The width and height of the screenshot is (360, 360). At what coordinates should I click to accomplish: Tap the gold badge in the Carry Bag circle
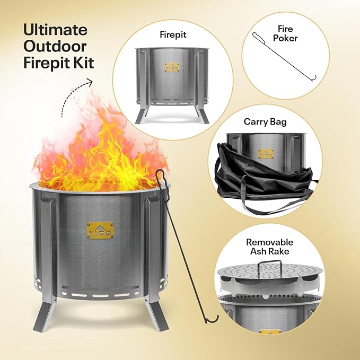[266, 154]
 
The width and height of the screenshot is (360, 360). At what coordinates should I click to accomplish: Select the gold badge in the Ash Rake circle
[270, 333]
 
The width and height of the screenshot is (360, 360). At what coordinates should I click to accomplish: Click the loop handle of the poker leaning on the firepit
[162, 180]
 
